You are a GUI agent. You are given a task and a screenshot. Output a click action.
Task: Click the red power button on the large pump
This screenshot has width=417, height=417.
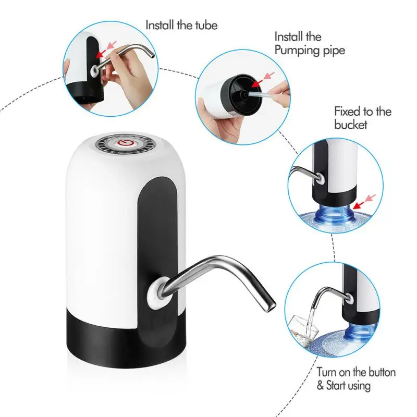tap(125, 142)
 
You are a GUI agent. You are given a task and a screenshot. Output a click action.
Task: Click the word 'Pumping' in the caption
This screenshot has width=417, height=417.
tap(295, 51)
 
